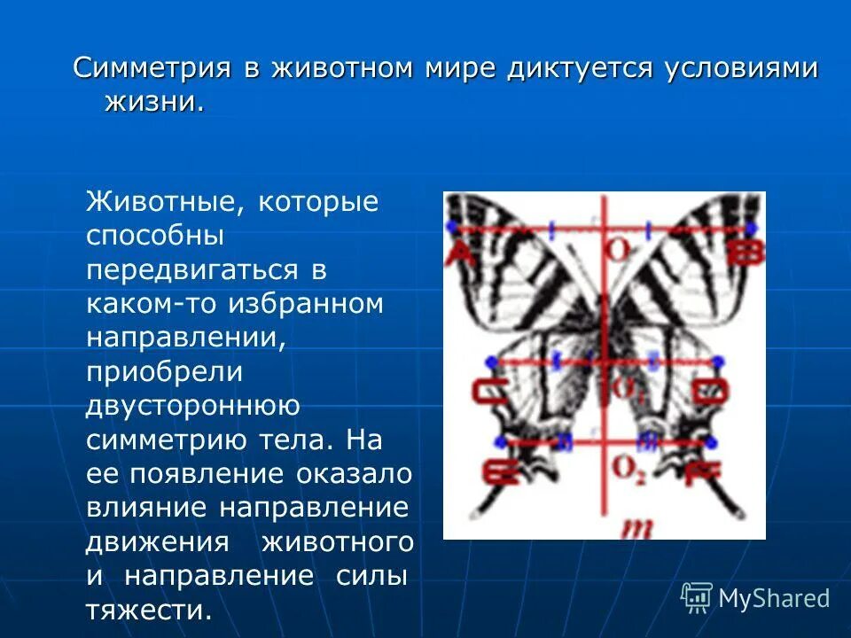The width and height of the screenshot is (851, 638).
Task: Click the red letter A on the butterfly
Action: (x=459, y=254)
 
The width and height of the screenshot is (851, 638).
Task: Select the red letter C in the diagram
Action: (x=486, y=391)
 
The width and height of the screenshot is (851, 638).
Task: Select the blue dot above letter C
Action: (x=488, y=361)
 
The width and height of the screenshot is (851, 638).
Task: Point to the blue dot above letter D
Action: (x=718, y=361)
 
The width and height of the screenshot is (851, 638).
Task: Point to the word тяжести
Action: (x=149, y=610)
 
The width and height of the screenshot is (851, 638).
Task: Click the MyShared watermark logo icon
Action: (x=697, y=596)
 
